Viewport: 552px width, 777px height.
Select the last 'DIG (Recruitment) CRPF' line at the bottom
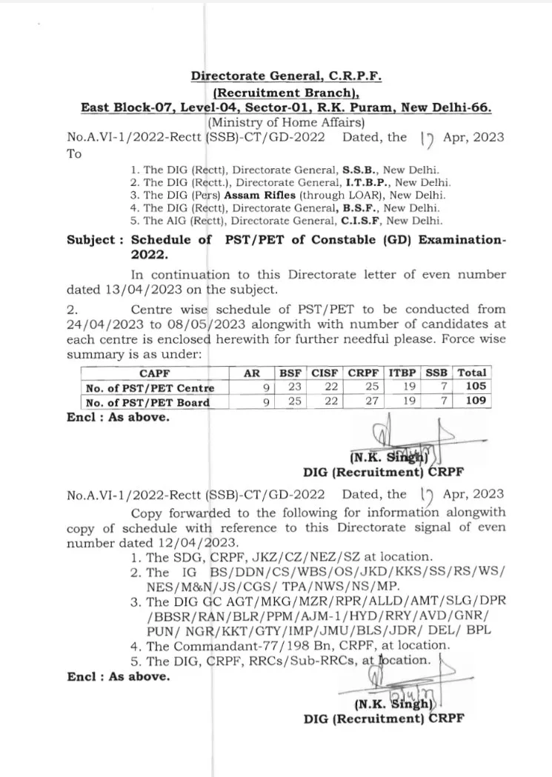click(384, 717)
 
